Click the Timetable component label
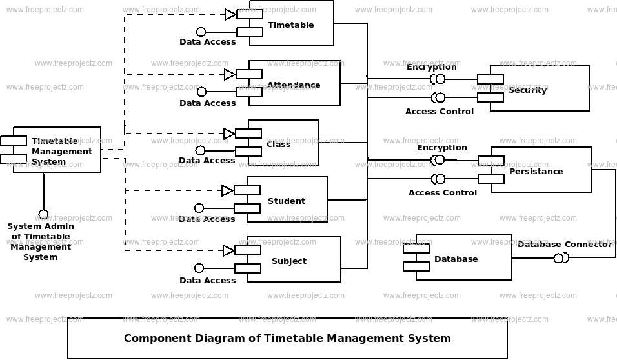[x=291, y=25]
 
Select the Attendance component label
[x=294, y=85]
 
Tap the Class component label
[x=279, y=145]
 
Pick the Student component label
[x=287, y=201]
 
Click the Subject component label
[x=289, y=261]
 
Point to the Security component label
[x=528, y=90]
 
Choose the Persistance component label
[x=536, y=172]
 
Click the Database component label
[x=456, y=259]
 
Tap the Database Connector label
[x=565, y=245]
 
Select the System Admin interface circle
[x=43, y=215]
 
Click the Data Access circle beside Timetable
[x=201, y=32]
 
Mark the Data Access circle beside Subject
[x=199, y=268]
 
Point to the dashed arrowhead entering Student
[x=227, y=191]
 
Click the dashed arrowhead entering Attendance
[x=230, y=74]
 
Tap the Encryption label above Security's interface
[x=431, y=67]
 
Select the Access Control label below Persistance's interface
[x=442, y=193]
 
